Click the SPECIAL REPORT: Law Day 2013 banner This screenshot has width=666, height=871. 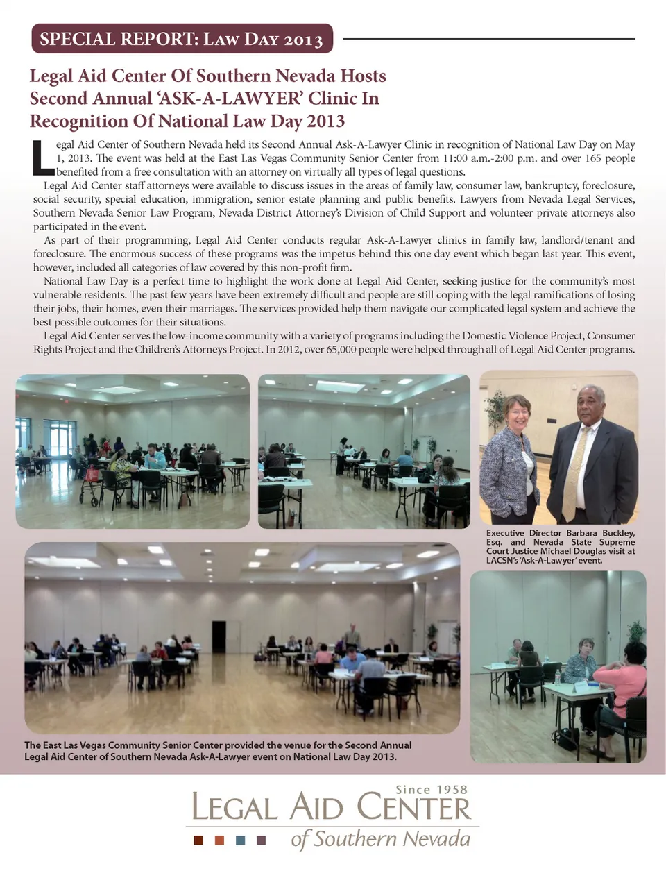(x=182, y=39)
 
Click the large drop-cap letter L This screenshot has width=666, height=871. (x=42, y=158)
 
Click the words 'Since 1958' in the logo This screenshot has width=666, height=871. (x=431, y=790)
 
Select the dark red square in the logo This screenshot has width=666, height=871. (x=199, y=840)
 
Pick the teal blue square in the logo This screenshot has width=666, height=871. (x=241, y=840)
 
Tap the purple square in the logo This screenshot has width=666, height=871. (x=262, y=840)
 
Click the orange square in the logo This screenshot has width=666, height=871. (x=220, y=840)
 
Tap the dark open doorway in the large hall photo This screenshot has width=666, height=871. (x=219, y=637)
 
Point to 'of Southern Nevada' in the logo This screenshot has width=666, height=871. (x=380, y=839)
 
